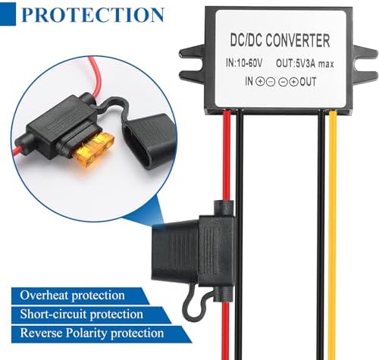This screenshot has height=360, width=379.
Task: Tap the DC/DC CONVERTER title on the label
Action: (x=279, y=40)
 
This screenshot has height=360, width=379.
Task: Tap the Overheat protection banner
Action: (x=72, y=295)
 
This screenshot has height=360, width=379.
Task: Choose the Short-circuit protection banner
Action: (x=81, y=314)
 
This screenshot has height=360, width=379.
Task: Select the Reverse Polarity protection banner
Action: (x=91, y=333)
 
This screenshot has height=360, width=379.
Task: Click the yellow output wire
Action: (x=333, y=227)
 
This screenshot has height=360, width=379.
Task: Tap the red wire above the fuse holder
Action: (x=226, y=152)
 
